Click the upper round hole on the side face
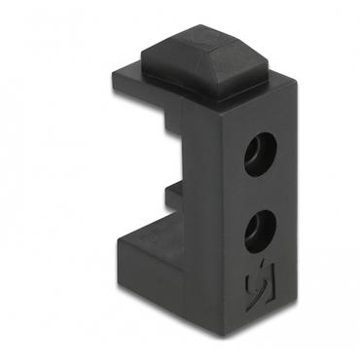(260, 155)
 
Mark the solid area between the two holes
(260, 192)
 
